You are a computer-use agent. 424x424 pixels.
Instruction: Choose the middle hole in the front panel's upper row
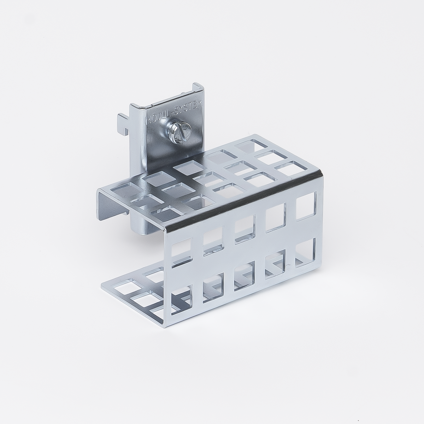[244, 230]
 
